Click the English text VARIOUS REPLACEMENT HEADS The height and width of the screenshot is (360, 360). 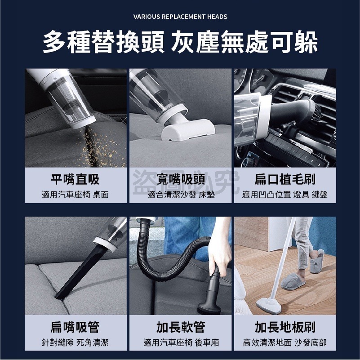180,17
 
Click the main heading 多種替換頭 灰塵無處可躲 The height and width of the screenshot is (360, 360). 180,43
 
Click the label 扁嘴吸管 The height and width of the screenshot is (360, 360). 75,327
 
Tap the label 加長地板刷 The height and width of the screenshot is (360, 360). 284,327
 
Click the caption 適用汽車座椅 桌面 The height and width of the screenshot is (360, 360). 75,195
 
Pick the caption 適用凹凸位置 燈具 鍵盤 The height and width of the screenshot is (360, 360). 284,195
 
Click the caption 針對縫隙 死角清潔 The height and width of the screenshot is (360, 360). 75,343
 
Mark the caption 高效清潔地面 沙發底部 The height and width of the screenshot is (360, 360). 284,343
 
